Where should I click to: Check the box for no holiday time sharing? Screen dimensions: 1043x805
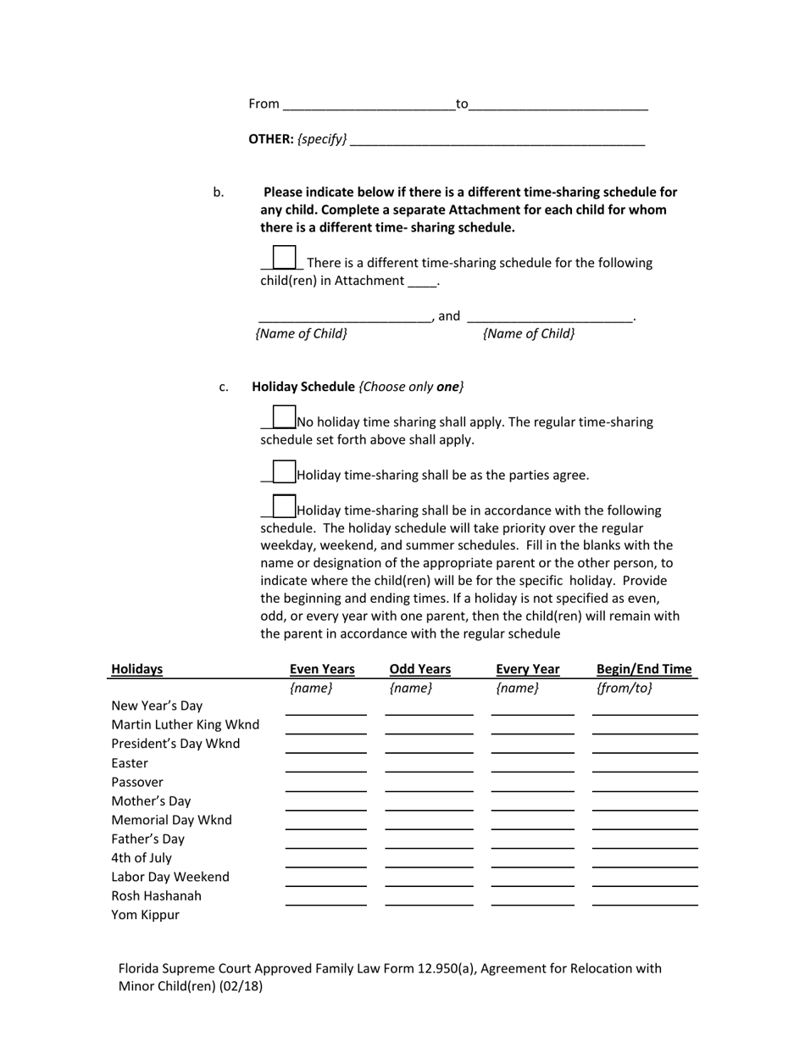click(284, 417)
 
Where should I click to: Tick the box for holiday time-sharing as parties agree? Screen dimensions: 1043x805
click(284, 471)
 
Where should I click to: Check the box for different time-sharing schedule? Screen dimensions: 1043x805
click(284, 257)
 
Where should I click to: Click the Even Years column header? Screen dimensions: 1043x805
click(322, 669)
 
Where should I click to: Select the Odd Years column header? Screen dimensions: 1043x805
click(420, 669)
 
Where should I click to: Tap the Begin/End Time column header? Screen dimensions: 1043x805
click(644, 669)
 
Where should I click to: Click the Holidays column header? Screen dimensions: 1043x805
click(136, 669)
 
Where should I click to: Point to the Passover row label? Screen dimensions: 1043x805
click(137, 782)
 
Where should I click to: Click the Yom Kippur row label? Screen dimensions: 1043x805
click(145, 915)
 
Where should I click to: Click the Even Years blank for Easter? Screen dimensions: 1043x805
click(326, 766)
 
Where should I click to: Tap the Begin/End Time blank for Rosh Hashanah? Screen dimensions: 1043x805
click(645, 899)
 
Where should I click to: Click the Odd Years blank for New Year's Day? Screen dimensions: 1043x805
click(429, 709)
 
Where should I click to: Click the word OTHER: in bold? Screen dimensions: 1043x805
click(270, 139)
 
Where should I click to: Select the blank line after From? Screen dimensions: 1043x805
click(369, 104)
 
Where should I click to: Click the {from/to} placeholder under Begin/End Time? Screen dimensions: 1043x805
click(625, 688)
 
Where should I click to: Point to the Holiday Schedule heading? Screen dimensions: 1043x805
click(303, 387)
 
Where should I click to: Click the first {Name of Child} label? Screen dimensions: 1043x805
click(302, 333)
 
